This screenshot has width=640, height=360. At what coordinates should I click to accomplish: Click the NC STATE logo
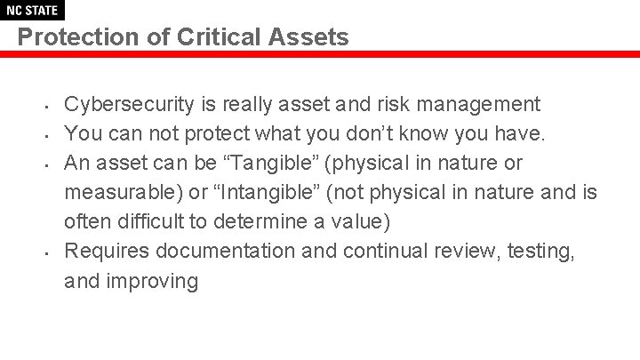(x=32, y=11)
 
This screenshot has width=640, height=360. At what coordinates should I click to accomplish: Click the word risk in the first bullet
(x=398, y=105)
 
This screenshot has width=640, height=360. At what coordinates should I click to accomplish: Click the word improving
(x=153, y=281)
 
